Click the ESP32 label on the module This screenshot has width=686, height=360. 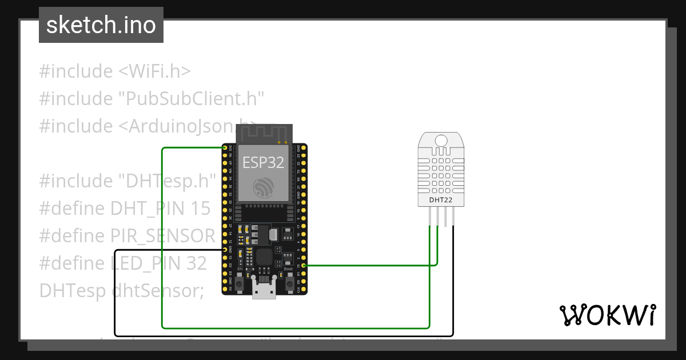click(263, 162)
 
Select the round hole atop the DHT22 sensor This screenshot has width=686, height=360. click(441, 140)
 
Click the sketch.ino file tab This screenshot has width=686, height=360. click(101, 25)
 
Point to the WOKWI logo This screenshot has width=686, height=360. click(607, 315)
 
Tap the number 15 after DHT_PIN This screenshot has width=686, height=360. click(201, 209)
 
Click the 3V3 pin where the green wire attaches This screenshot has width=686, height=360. click(225, 148)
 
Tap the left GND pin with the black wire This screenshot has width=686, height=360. click(225, 250)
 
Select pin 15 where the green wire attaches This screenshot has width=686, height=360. click(302, 265)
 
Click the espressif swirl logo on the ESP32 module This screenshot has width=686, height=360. click(263, 186)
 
